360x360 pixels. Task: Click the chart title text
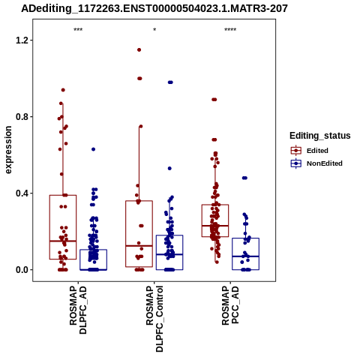coord(154,8)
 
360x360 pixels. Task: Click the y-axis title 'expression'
coord(8,150)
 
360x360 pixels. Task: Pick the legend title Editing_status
coord(320,136)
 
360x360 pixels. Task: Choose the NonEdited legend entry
coord(316,163)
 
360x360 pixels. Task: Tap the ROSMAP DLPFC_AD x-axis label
coord(78,310)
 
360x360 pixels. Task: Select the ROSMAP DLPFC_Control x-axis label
coord(154,319)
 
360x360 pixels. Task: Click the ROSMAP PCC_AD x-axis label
coord(230,305)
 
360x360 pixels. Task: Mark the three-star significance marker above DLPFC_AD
coord(78,30)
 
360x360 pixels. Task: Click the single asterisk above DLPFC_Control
coord(154,30)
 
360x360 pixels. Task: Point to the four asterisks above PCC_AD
coord(230,30)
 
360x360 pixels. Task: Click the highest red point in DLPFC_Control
coord(139,49)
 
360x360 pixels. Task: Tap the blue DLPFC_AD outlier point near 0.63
coord(93,149)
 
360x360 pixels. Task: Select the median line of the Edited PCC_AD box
coord(215,226)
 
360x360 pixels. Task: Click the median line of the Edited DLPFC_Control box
coord(139,246)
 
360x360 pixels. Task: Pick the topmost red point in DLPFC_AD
coord(63,90)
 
